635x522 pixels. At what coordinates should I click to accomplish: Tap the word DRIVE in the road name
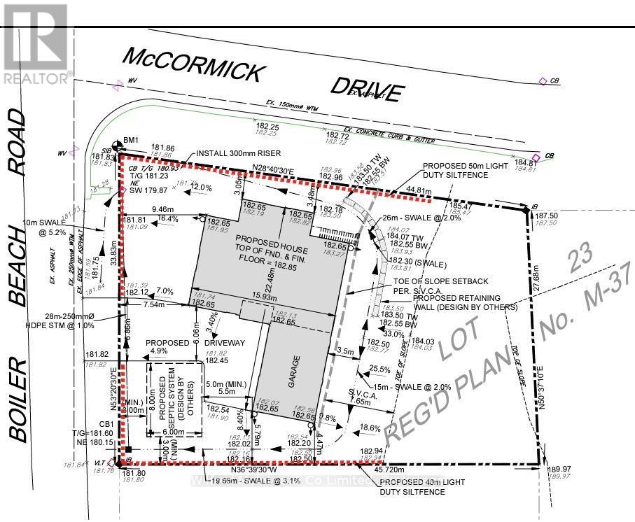pyautogui.click(x=368, y=87)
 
